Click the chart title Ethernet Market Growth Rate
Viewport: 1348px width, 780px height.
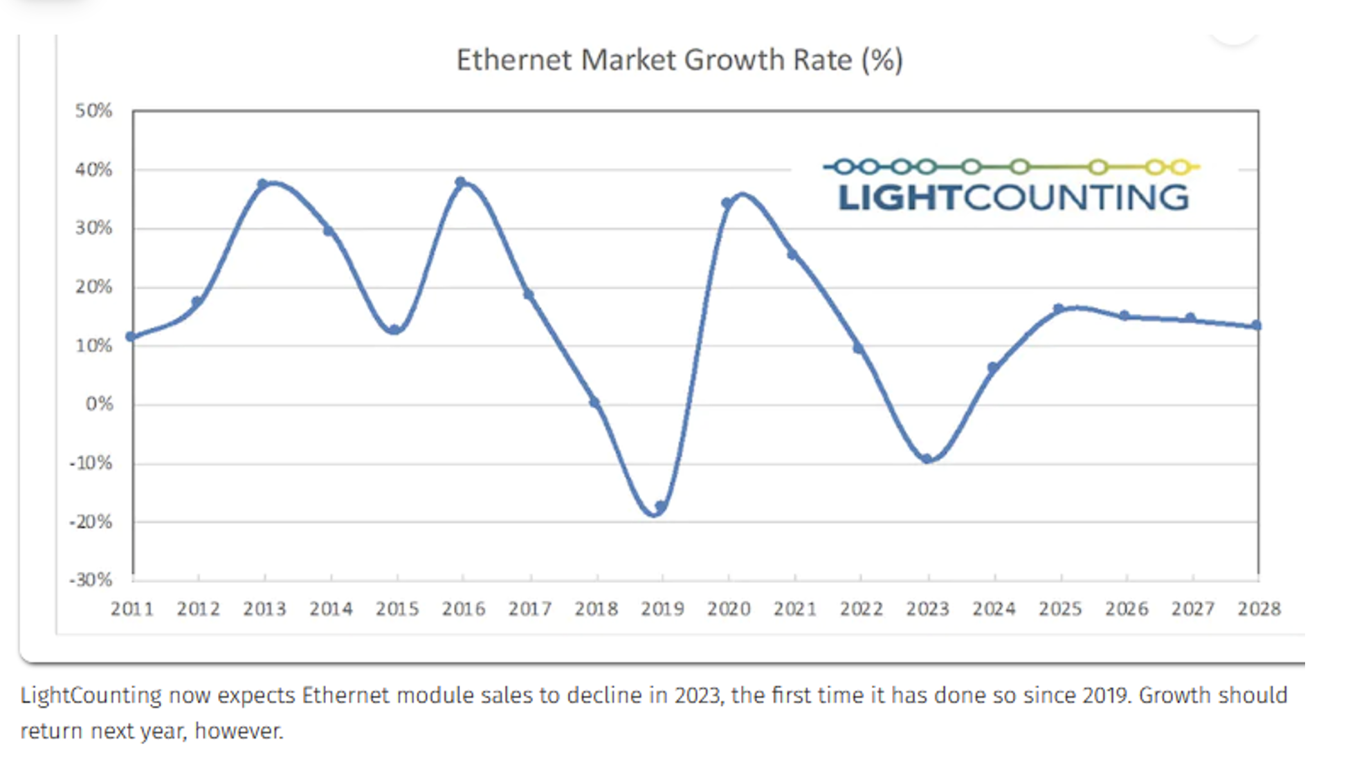[679, 60]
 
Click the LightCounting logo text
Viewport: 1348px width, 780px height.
[1013, 198]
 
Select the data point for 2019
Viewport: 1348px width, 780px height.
[660, 507]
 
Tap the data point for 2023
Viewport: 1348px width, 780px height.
[927, 458]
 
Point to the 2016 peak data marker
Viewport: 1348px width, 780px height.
[461, 182]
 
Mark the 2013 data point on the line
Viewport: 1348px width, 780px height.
[263, 185]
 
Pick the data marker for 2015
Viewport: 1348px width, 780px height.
[394, 330]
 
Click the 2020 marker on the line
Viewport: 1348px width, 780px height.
[727, 203]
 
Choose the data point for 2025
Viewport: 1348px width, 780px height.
[1059, 309]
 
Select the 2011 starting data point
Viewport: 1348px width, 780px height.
[131, 337]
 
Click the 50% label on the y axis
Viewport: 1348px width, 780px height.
[93, 111]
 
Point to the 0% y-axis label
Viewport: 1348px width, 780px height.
[99, 404]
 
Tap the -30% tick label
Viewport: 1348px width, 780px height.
[91, 579]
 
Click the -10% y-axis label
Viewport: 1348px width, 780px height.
[91, 463]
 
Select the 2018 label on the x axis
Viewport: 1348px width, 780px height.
[596, 609]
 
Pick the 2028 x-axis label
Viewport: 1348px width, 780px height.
[1259, 609]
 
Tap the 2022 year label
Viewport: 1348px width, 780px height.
[861, 609]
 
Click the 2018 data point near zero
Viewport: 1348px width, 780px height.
[594, 402]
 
